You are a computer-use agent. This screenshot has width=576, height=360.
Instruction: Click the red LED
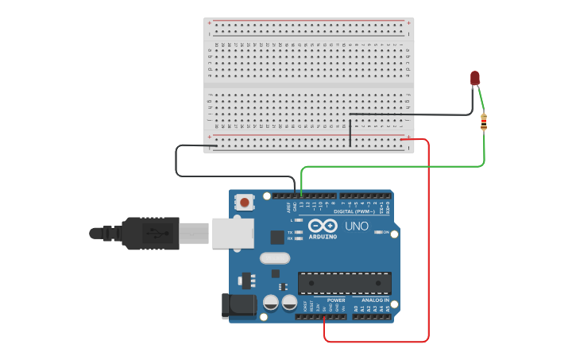coord(475,77)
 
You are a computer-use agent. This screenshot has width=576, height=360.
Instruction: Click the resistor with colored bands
coord(485,122)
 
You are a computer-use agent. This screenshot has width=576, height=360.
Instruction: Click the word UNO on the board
coord(357,226)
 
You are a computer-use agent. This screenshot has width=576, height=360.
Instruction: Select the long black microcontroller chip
coord(344,282)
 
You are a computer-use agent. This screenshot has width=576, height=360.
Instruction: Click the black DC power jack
coord(238,305)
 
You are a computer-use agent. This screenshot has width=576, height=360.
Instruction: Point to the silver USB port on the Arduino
coord(234,232)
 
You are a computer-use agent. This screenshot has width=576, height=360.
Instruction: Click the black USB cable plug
coord(151,234)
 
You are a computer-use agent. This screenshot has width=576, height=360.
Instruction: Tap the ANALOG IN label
coord(376,300)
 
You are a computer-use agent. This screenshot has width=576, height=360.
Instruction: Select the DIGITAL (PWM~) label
coord(354,211)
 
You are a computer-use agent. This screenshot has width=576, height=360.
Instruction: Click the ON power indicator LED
coord(377,233)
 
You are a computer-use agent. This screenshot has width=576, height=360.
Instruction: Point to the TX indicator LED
coord(299,232)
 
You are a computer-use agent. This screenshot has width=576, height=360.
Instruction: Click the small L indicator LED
coord(299,219)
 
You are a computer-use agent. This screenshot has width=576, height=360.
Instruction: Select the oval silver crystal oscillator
coord(275,257)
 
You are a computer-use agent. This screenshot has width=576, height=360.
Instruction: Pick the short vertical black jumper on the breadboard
coord(350,131)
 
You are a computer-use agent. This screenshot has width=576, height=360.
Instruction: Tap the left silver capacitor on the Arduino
coord(271,303)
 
